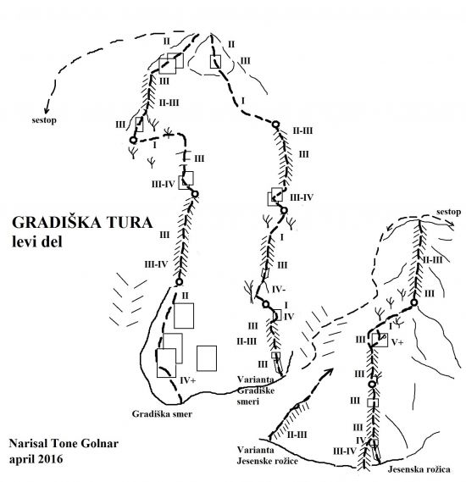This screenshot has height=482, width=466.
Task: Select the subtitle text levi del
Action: [37, 241]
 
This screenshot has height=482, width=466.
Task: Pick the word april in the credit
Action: [22, 460]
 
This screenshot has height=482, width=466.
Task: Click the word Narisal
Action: [28, 443]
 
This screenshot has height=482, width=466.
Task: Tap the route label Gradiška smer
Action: [162, 413]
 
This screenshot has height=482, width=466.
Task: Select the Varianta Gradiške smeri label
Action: [256, 391]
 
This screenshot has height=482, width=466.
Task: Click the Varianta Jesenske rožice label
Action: [267, 455]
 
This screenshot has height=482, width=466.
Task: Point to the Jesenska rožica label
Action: [419, 469]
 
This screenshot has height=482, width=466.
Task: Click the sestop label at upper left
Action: [44, 119]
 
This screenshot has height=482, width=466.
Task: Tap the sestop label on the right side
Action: [448, 212]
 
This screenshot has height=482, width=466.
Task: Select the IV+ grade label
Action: [187, 380]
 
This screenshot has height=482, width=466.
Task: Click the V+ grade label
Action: [397, 342]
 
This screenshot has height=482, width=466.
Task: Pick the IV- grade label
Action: [279, 289]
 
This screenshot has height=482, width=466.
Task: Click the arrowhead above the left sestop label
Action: [47, 109]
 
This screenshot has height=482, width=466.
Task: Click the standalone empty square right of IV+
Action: [207, 358]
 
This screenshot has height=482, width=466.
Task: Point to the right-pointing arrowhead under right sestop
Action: [452, 224]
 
